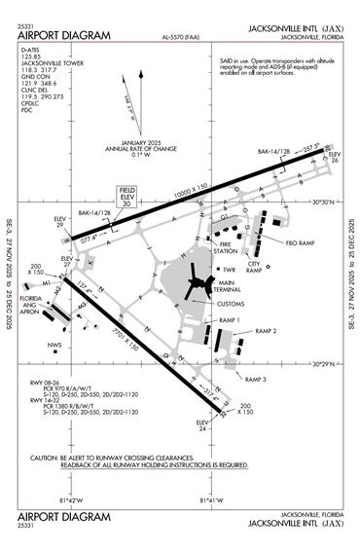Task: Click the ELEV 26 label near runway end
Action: [334, 157]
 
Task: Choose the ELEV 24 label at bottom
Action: [203, 425]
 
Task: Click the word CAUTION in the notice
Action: [49, 457]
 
